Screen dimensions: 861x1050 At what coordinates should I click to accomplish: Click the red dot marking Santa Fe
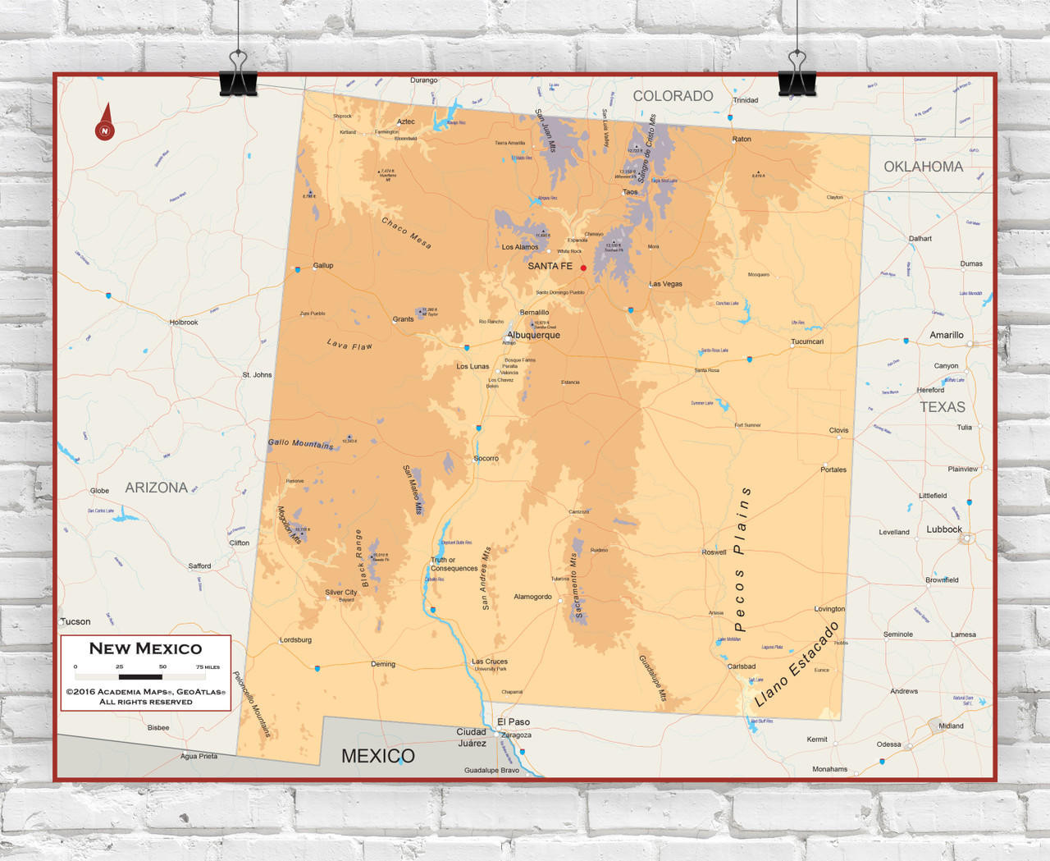pyautogui.click(x=583, y=268)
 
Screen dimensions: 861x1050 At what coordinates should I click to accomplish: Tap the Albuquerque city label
pyautogui.click(x=533, y=335)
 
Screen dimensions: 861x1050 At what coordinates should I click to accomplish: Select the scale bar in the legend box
pyautogui.click(x=140, y=677)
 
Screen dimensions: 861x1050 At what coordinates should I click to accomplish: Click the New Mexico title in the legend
pyautogui.click(x=145, y=648)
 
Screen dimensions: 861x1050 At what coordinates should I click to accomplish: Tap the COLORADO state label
pyautogui.click(x=673, y=96)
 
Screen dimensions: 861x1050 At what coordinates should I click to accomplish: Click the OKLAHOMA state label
pyautogui.click(x=923, y=167)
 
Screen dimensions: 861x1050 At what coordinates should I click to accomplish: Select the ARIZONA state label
pyautogui.click(x=156, y=488)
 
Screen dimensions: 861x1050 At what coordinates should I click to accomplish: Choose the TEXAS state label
pyautogui.click(x=942, y=407)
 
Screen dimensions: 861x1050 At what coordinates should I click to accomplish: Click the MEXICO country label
pyautogui.click(x=377, y=756)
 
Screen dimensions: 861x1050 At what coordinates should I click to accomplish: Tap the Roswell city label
pyautogui.click(x=714, y=552)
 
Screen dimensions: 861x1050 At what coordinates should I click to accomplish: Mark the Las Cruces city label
pyautogui.click(x=490, y=662)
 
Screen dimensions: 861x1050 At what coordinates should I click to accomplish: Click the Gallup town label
pyautogui.click(x=323, y=266)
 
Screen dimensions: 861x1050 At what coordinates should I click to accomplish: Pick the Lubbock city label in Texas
pyautogui.click(x=943, y=529)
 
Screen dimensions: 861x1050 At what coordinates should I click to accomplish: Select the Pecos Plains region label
pyautogui.click(x=740, y=558)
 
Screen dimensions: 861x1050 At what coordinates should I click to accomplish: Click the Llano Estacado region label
pyautogui.click(x=796, y=665)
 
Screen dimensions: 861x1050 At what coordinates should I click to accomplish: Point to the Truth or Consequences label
pyautogui.click(x=454, y=564)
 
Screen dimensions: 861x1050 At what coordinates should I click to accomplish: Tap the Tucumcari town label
pyautogui.click(x=807, y=341)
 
